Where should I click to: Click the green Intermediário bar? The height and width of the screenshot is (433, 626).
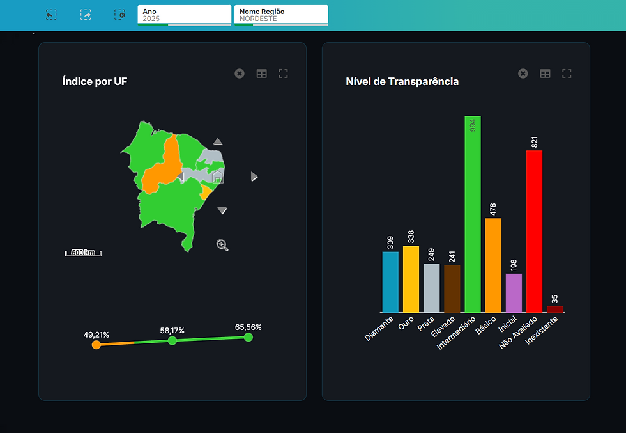472,217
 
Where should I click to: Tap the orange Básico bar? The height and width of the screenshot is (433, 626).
493,265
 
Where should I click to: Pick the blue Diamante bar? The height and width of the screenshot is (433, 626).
390,282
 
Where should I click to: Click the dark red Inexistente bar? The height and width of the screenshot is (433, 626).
555,309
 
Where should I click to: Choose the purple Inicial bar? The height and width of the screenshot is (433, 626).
514,293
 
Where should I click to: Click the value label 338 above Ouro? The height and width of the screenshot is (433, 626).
411,237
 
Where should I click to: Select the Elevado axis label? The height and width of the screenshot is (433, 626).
443,326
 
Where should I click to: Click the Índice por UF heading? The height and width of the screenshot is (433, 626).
95,81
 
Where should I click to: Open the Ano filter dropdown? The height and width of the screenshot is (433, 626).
184,15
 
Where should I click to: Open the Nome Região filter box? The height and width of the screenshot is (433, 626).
281,15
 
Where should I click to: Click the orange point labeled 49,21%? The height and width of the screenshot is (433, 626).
96,345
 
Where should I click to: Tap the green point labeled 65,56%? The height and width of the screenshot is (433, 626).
248,337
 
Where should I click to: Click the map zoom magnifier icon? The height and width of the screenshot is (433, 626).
222,245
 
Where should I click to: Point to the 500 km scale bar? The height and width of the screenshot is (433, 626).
83,253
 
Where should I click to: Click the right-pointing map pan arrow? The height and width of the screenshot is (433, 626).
254,177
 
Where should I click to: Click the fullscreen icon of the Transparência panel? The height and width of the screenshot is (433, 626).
567,74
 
